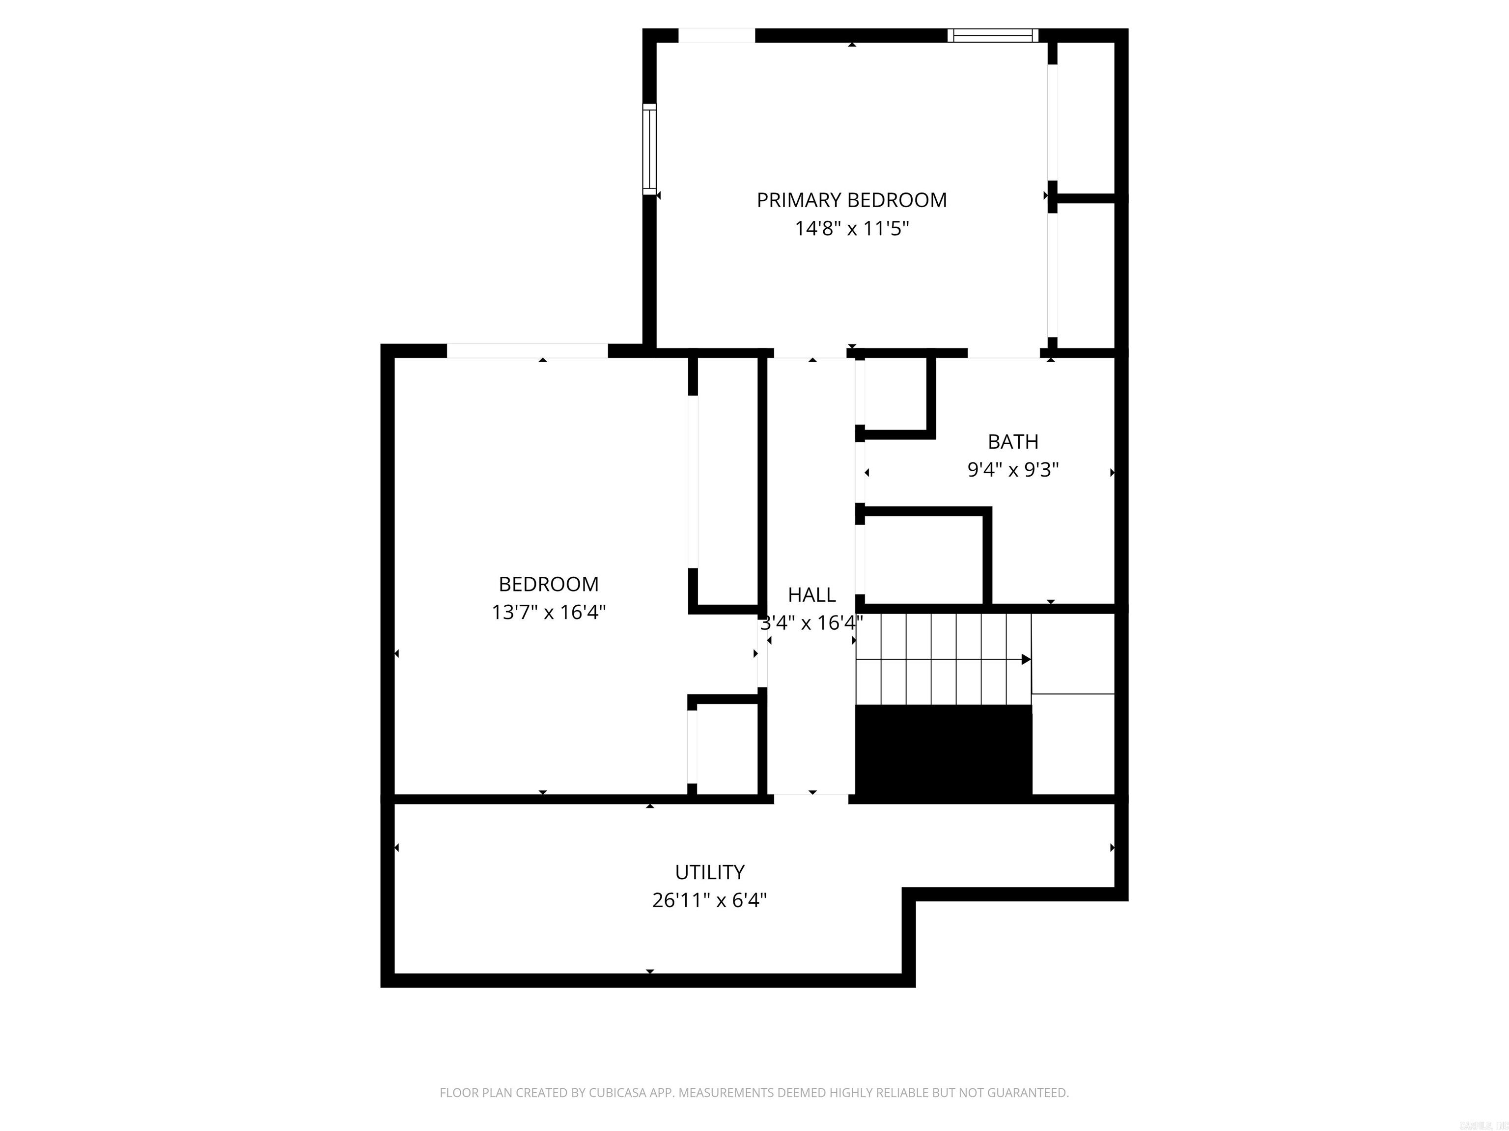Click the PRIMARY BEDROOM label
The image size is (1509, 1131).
tap(851, 200)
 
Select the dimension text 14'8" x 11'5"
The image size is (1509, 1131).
tap(851, 228)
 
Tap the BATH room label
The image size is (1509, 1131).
tap(1013, 442)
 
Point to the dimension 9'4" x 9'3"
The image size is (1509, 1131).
tap(1013, 470)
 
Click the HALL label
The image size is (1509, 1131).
tap(812, 594)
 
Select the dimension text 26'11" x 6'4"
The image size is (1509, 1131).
tap(709, 901)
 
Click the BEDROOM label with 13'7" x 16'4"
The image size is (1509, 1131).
tap(549, 584)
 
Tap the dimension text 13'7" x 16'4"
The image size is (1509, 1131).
tap(549, 612)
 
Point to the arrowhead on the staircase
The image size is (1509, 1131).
tap(1025, 659)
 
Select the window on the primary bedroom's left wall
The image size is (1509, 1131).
tap(649, 149)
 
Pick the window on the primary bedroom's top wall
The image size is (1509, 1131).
tap(993, 35)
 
